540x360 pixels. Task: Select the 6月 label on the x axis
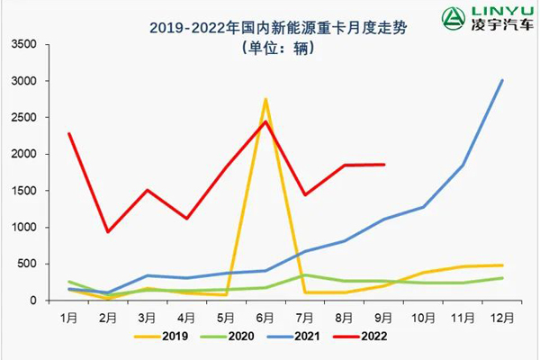coord(265,318)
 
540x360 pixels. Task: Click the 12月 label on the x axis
coord(501,318)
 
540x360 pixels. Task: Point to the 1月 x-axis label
coord(69,318)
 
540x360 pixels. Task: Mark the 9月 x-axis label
coord(383,318)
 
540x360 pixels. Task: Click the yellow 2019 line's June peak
coord(265,100)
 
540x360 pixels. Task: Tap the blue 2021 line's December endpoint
coord(501,80)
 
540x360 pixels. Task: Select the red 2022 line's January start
coord(69,134)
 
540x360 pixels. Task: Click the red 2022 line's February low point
coord(108,231)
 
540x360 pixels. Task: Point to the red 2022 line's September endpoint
coord(383,165)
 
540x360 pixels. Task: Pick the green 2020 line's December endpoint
coord(501,278)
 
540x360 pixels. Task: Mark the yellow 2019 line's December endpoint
coord(501,265)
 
